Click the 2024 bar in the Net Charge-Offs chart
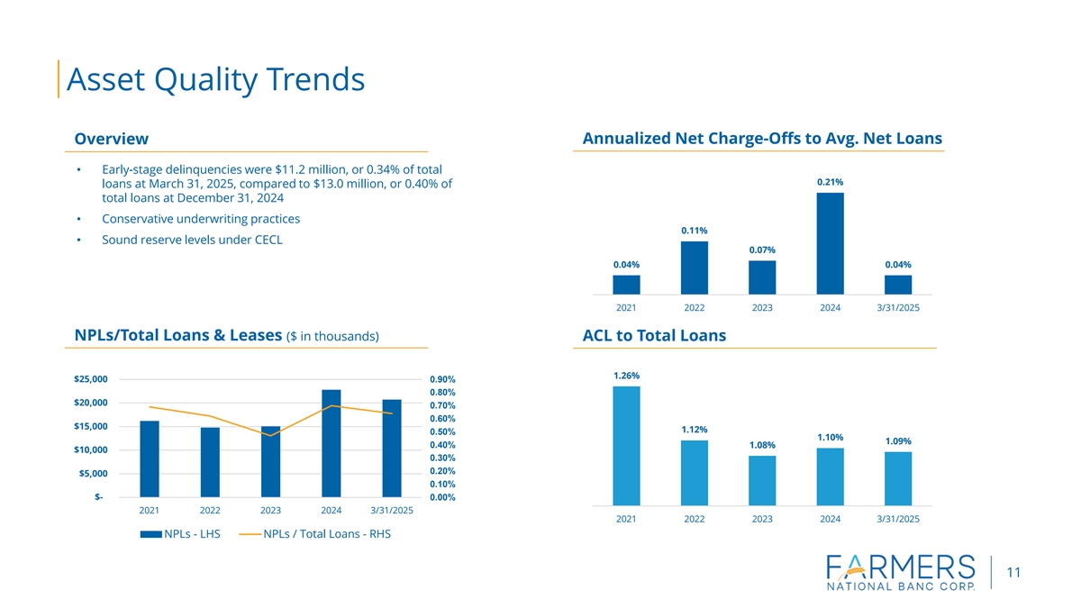click(x=830, y=243)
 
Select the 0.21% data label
click(x=830, y=182)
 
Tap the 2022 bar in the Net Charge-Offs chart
click(x=695, y=268)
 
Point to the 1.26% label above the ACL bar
click(x=626, y=376)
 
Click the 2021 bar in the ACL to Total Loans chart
click(x=626, y=446)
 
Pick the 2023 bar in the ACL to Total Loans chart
click(x=762, y=481)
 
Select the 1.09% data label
click(x=898, y=440)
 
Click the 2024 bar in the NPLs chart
click(x=332, y=442)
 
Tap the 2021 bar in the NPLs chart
click(x=150, y=458)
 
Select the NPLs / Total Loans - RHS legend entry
click(x=315, y=534)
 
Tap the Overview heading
click(x=111, y=139)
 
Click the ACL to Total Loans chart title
click(x=654, y=336)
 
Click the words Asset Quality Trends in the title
click(x=215, y=79)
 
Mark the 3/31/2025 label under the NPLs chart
click(x=392, y=511)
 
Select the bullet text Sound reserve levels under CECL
click(x=192, y=239)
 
